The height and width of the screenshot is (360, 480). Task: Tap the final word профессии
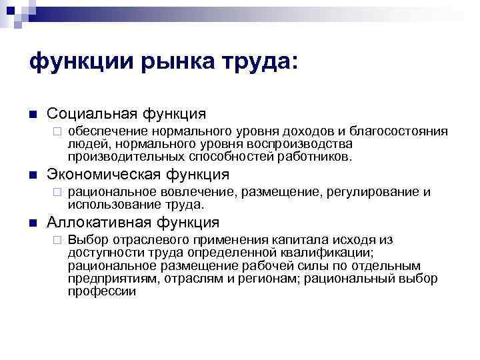[x=101, y=291]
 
